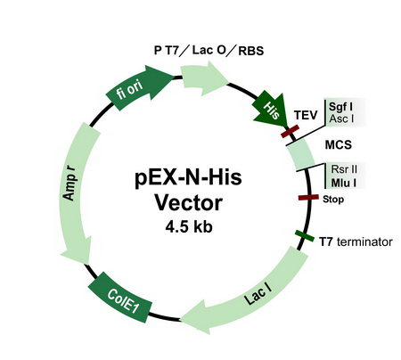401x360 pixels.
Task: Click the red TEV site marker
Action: coord(290,133)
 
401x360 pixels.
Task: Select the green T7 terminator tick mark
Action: coord(302,237)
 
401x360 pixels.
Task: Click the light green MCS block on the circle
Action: coord(304,160)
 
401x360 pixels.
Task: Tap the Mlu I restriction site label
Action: coord(343,184)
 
